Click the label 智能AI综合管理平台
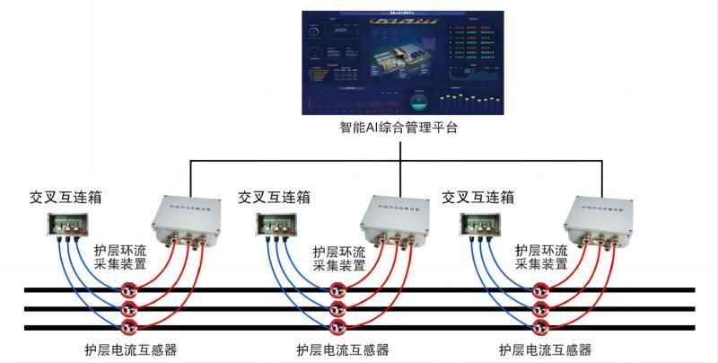pos(398,128)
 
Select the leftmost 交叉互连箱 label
pos(64,197)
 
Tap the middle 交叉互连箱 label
pos(274,197)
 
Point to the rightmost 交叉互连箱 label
pos(478,197)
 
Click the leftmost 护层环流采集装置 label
pos(120,258)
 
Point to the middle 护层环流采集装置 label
pos(339,258)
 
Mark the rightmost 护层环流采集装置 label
pos(542,258)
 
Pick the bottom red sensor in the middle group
pos(337,325)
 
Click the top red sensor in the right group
pos(541,290)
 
